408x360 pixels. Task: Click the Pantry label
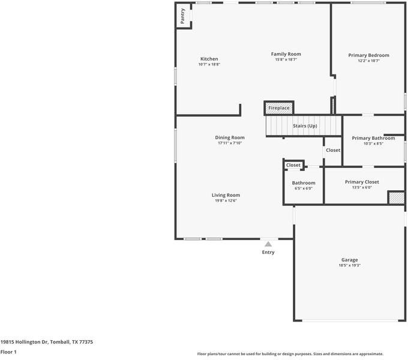tap(182, 16)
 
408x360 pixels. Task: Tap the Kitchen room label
tap(209, 59)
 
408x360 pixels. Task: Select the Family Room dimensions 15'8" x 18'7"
tap(286, 59)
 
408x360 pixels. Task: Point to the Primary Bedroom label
tap(369, 55)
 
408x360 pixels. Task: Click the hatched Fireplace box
tap(279, 108)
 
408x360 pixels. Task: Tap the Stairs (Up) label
tap(305, 126)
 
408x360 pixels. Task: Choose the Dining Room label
tap(230, 137)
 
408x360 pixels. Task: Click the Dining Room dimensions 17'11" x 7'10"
tap(230, 143)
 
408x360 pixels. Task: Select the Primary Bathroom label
tap(373, 138)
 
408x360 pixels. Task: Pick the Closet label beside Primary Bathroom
tap(333, 150)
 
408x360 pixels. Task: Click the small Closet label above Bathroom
tap(293, 165)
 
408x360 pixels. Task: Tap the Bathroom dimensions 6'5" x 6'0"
tap(304, 188)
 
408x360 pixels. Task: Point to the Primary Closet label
tap(362, 182)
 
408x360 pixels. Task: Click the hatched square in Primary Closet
tap(397, 198)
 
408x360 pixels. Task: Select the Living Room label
tap(226, 195)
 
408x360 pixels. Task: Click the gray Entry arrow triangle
tap(268, 244)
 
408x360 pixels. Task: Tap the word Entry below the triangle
tap(268, 253)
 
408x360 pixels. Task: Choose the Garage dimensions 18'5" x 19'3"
tap(349, 266)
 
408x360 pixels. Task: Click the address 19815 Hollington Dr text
tap(25, 342)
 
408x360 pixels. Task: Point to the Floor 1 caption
tap(8, 352)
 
